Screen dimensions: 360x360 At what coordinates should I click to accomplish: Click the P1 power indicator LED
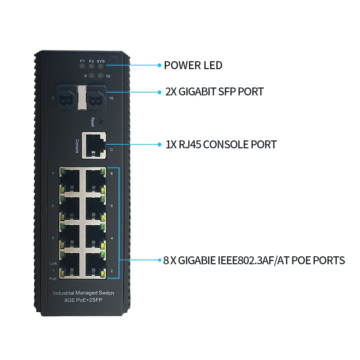[x=82, y=67]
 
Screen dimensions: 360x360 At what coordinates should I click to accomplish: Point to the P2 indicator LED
[x=91, y=67]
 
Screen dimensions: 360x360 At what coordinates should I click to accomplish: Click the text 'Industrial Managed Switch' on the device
[x=84, y=293]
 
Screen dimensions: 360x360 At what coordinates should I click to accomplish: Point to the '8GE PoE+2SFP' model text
[x=84, y=300]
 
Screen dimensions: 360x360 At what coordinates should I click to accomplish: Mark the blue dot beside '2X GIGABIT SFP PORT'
[x=159, y=92]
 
